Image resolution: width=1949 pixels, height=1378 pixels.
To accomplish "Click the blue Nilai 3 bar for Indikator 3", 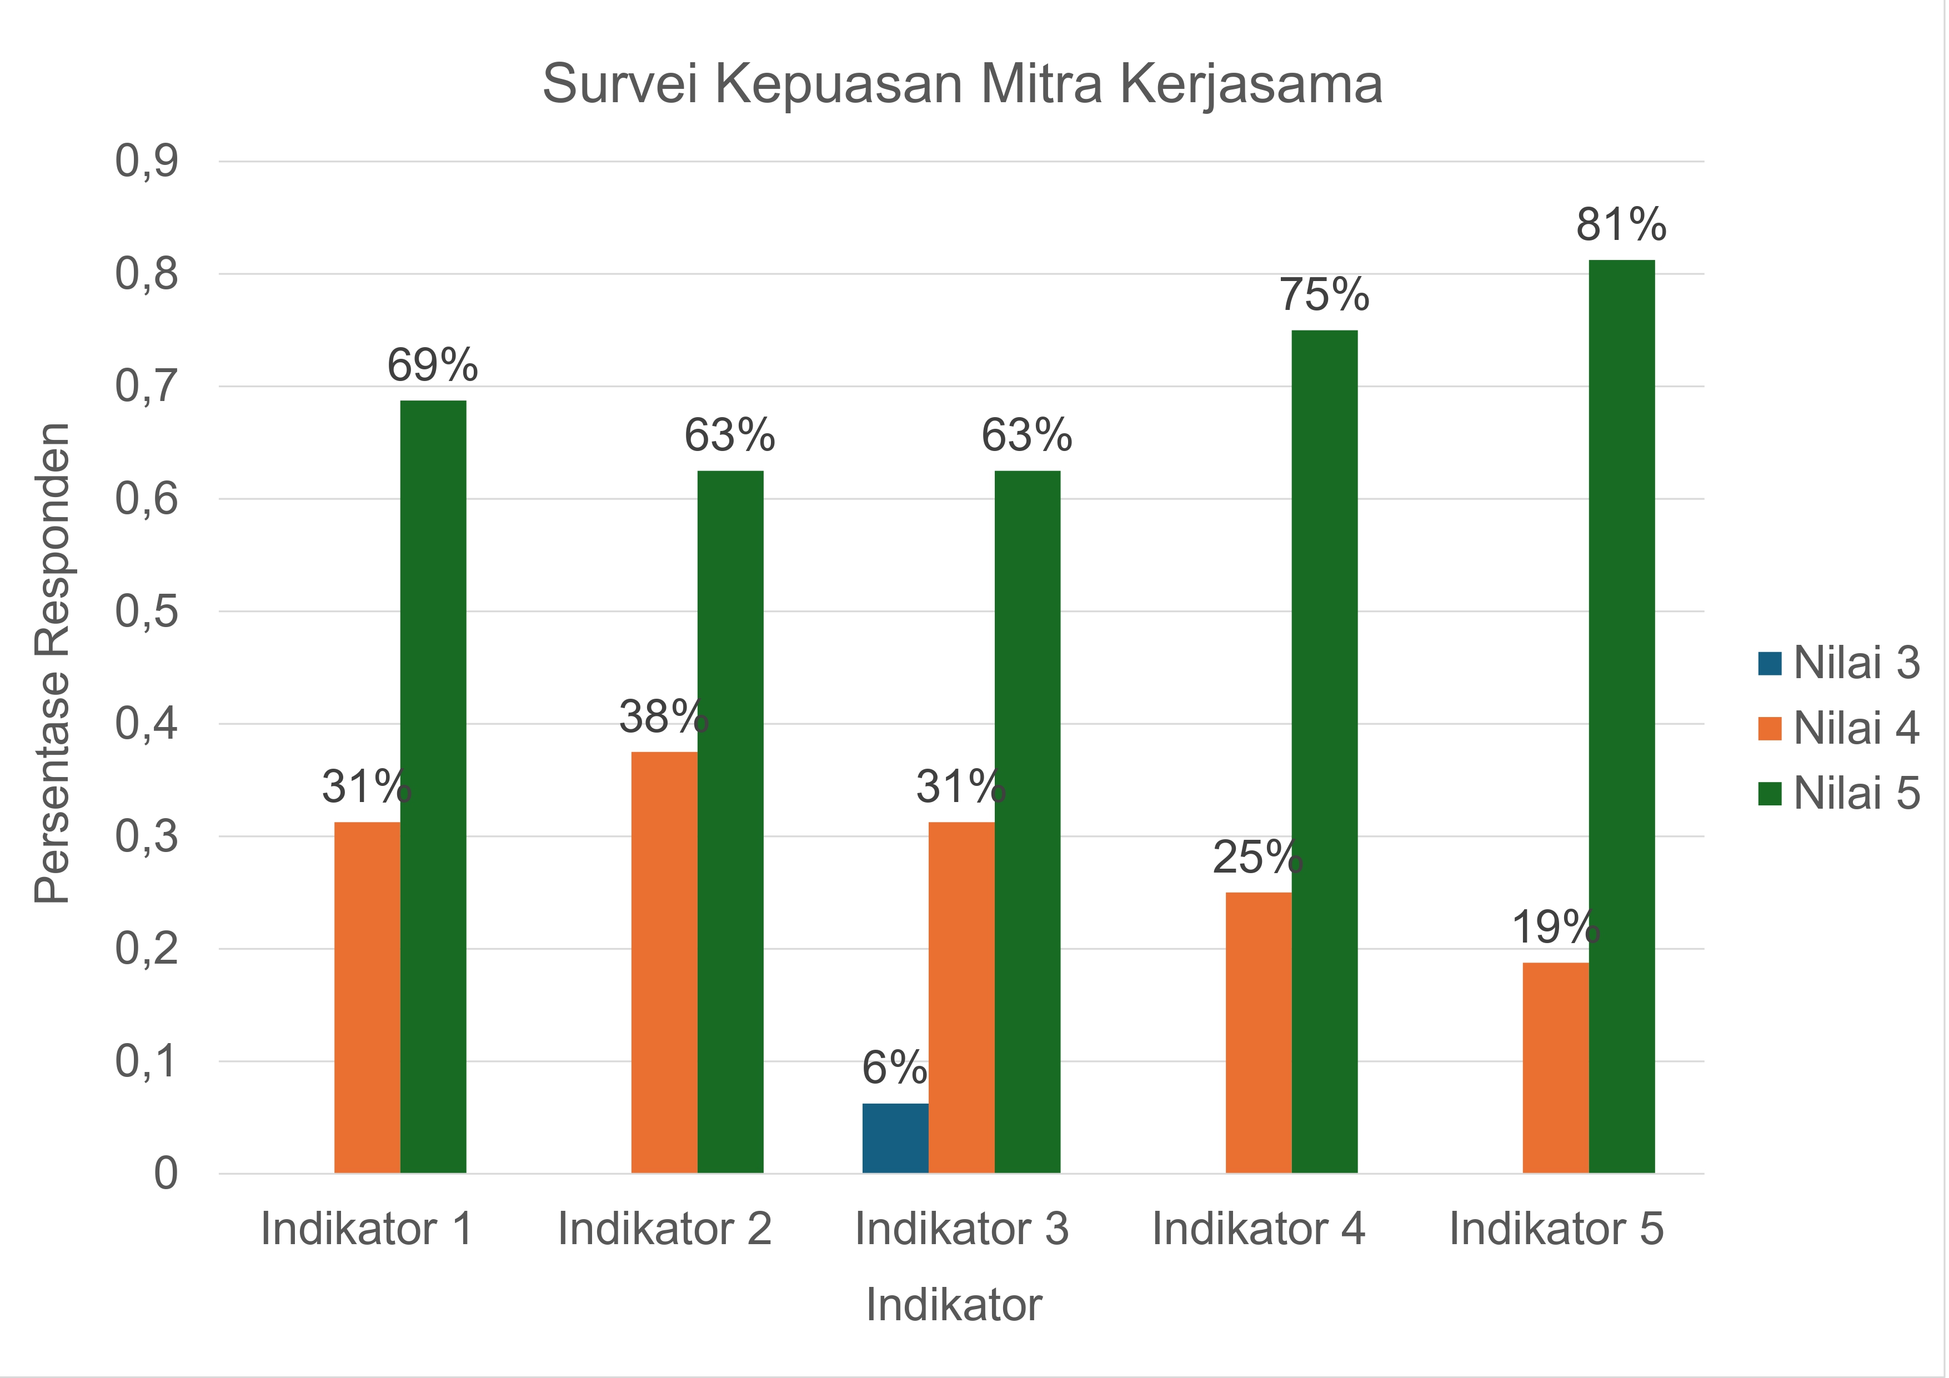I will pos(895,1139).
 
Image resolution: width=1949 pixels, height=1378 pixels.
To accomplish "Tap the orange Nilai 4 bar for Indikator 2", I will pos(664,962).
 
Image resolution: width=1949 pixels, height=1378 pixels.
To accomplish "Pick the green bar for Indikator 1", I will pos(433,786).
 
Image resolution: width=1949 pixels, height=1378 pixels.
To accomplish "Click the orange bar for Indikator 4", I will pos(1258,1033).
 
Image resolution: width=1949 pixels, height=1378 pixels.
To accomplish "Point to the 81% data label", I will pos(1621,225).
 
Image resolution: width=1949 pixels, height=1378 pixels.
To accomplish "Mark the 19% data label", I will pos(1555,927).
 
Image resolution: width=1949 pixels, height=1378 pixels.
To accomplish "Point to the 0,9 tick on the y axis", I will pos(147,161).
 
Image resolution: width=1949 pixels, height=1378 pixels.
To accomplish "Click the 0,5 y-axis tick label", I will pos(147,612).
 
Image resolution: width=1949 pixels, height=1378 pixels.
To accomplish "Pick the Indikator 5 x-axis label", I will pos(1555,1229).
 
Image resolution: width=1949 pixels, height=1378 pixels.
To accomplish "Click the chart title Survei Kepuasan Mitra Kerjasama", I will pos(962,84).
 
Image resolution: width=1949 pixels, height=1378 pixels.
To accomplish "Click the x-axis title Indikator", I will pos(953,1304).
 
